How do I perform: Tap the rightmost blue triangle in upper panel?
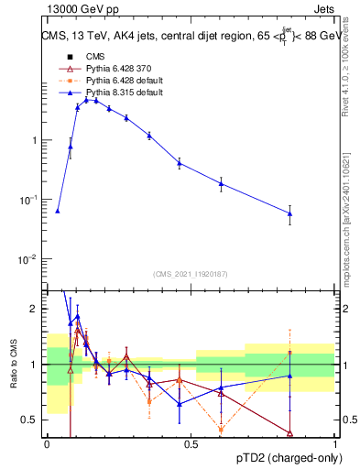click(290, 213)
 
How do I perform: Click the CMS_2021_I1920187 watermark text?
click(191, 274)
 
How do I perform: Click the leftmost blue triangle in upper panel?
click(58, 211)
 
